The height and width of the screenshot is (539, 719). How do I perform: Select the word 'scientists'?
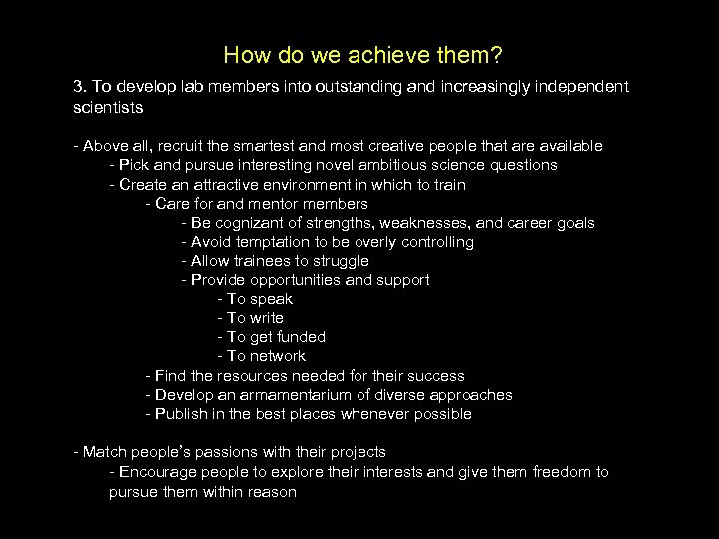(108, 106)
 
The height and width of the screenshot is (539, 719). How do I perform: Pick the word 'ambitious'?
(409, 165)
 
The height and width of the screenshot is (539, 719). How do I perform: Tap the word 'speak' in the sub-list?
(272, 299)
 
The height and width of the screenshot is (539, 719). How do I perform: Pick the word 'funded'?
(302, 337)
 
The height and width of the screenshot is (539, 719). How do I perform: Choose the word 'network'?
(279, 356)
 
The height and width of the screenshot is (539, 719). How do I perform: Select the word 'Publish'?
(181, 414)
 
